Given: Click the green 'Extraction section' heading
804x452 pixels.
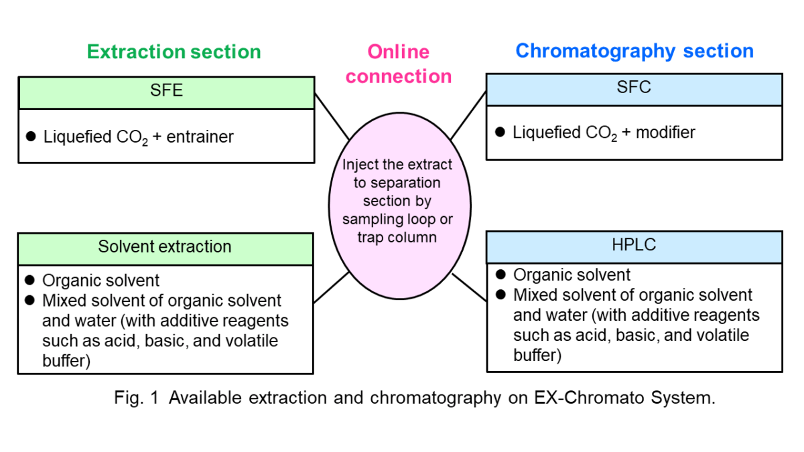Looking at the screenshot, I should tap(174, 52).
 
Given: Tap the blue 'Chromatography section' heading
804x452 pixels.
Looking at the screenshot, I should tap(634, 51).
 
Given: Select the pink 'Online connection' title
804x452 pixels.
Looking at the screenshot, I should tap(399, 64).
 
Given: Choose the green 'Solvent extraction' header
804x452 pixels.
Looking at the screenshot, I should tap(165, 247).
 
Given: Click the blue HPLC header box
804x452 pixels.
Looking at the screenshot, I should tap(634, 246).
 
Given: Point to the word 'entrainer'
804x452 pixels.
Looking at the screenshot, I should tap(200, 137).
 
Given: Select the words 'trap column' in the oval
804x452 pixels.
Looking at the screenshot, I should tap(398, 237).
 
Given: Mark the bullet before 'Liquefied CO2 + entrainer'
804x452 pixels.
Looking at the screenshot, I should tap(30, 137).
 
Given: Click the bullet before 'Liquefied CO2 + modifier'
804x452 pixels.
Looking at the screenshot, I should tap(500, 132).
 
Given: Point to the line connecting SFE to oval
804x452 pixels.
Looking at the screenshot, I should tap(332, 117).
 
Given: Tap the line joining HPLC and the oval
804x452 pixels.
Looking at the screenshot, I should tap(469, 287).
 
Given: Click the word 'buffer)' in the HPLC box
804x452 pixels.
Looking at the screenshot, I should tap(537, 355).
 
